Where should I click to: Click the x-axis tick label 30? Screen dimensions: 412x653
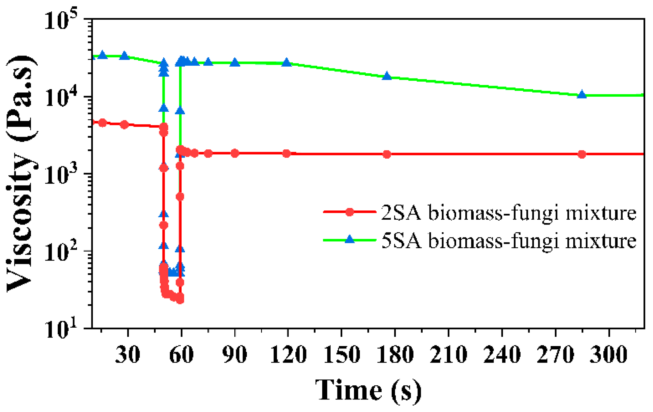pos(128,355)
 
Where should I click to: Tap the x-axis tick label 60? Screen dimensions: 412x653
pos(181,355)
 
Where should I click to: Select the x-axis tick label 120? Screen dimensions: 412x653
pos(288,355)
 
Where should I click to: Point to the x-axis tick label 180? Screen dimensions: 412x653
pos(395,355)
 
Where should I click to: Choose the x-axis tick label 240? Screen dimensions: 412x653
pos(502,355)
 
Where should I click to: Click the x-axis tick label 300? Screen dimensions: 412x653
pos(609,355)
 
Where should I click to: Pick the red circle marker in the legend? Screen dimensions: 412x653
pos(349,212)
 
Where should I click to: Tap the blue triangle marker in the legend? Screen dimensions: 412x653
pos(349,239)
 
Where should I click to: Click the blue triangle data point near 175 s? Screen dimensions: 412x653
pos(387,76)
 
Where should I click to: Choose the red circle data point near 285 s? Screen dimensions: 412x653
pos(582,154)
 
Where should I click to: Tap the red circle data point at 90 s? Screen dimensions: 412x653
pos(235,153)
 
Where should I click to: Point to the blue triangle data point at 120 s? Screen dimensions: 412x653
pos(286,63)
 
